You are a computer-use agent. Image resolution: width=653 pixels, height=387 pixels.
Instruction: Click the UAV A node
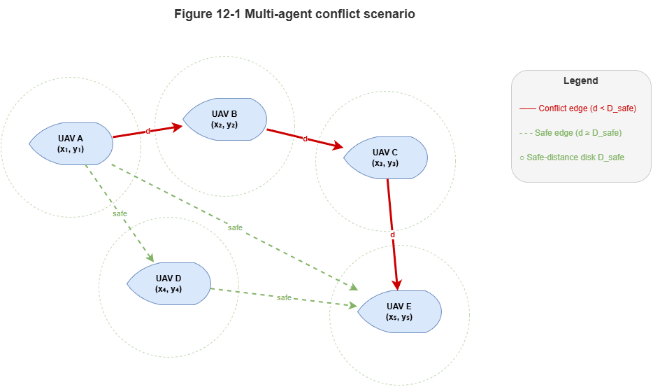71,143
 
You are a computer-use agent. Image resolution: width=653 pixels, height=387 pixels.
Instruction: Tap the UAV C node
385,157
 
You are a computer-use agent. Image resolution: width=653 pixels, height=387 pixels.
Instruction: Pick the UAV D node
168,283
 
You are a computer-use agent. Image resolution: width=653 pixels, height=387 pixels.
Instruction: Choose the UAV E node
399,311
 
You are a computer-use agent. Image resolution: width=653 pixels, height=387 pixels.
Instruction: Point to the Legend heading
581,80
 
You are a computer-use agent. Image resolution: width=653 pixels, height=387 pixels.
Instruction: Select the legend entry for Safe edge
571,133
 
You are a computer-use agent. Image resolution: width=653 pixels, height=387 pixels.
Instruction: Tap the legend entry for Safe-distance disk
572,157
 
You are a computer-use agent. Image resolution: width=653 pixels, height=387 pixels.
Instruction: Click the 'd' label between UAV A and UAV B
148,131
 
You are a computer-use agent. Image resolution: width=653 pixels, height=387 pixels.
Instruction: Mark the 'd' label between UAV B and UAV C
305,138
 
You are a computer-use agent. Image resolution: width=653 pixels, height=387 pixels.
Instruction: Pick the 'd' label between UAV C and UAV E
392,234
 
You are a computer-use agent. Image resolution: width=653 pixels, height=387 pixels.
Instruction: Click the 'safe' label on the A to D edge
120,213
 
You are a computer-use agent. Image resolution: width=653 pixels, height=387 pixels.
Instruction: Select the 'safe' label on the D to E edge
284,297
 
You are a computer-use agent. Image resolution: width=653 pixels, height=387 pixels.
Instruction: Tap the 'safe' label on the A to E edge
235,227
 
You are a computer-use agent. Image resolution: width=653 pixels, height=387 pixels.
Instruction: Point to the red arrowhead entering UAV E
397,285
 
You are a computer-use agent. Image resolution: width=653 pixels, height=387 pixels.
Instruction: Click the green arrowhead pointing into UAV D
150,258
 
